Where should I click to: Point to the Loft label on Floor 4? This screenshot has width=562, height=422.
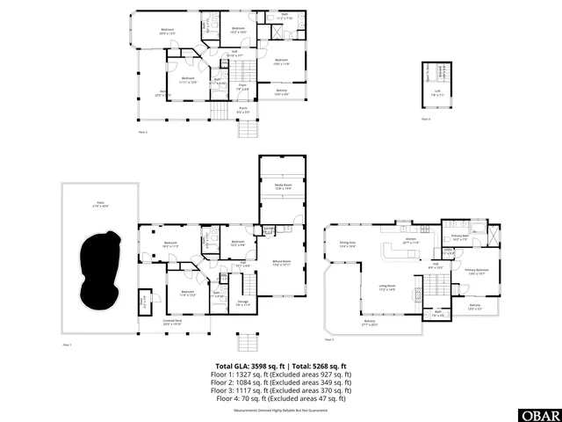[x=437, y=89]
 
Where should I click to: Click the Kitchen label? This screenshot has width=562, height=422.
[x=411, y=240]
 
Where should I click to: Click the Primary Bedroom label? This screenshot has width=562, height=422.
[x=476, y=272]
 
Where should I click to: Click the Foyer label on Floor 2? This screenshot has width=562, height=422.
[x=240, y=88]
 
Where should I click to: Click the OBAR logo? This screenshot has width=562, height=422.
[x=543, y=414]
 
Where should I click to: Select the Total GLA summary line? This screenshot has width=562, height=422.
[x=281, y=366]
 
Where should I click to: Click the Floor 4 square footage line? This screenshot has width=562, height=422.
[x=281, y=399]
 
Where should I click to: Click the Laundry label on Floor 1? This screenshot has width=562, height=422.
[x=270, y=230]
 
